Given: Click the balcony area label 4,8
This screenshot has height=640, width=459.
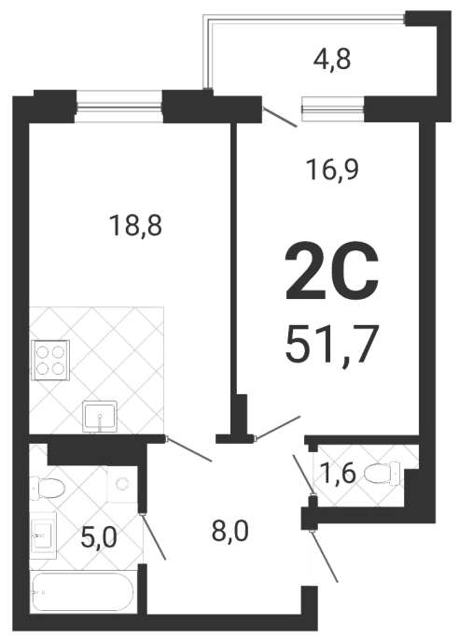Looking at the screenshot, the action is [332, 60].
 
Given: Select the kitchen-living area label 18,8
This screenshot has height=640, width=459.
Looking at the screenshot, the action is [136, 225].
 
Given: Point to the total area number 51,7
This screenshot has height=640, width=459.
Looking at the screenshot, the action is [330, 344].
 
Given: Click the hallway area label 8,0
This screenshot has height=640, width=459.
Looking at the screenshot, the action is [229, 532].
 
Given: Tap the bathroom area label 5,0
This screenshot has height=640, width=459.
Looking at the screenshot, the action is [99, 537].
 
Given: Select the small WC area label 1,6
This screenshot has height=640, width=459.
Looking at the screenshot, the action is [338, 474].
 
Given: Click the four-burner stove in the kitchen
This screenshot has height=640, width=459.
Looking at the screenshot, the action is [50, 361].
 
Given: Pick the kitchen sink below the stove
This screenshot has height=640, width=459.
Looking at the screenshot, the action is [100, 417].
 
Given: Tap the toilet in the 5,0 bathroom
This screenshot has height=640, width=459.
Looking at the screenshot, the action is [48, 488].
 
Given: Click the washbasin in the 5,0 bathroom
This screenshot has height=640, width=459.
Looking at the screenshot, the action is [42, 536].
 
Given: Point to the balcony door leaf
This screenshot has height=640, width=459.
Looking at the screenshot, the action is [279, 117].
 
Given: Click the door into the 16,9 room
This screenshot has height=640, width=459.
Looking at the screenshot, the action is [277, 428].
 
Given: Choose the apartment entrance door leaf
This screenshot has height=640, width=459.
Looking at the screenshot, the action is [325, 556].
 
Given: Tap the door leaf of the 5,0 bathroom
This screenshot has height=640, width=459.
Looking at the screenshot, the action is [153, 536].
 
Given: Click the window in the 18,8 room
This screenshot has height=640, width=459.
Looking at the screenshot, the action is [119, 107].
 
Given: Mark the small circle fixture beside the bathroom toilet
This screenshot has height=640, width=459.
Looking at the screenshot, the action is [121, 484].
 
